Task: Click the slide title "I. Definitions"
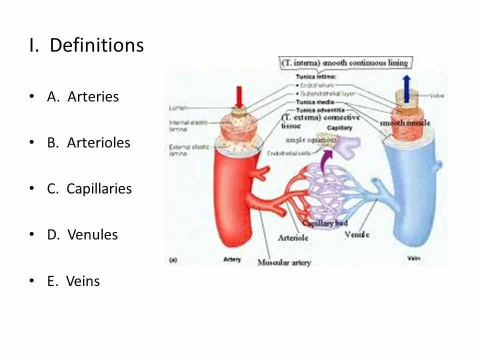coord(86,45)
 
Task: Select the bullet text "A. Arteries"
coord(83,96)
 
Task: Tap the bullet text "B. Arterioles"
coord(88,142)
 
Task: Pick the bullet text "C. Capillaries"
coord(89,188)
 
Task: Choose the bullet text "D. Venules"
coord(82,234)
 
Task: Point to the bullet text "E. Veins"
coord(73,281)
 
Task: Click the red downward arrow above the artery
coord(239,96)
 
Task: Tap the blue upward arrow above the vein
coord(406,88)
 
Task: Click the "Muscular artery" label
coord(284,262)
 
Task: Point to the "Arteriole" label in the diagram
coord(293,238)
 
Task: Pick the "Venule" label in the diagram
coord(357,234)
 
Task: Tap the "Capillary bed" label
coord(325,223)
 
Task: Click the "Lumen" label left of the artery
coord(177,107)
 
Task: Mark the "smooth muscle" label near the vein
coord(405,123)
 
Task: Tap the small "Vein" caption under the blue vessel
coord(413,258)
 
